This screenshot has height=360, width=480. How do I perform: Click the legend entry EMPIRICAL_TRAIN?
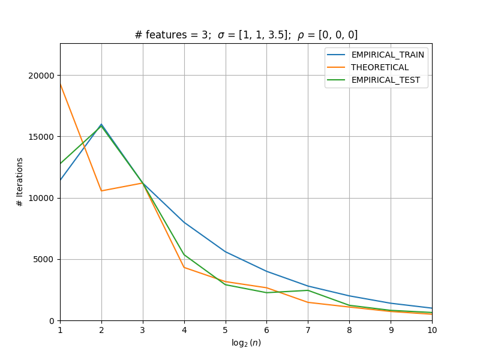click(x=388, y=55)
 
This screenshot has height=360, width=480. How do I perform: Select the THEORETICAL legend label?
click(x=380, y=67)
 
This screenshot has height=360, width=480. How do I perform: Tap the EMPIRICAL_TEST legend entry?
click(x=386, y=80)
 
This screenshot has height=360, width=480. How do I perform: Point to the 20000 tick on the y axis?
click(x=41, y=76)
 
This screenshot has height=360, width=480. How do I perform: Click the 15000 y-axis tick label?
click(x=41, y=137)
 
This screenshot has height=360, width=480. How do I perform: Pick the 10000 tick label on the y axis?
click(x=41, y=198)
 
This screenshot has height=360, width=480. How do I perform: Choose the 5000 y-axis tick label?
click(x=43, y=260)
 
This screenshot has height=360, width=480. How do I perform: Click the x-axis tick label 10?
click(x=432, y=330)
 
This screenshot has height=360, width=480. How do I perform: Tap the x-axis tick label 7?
click(x=308, y=330)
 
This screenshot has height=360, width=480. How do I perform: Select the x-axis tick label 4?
click(x=184, y=330)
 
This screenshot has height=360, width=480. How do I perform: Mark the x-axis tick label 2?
click(x=101, y=330)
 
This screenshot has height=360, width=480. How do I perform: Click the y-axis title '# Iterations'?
click(x=20, y=182)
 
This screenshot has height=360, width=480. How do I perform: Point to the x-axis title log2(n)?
click(x=246, y=343)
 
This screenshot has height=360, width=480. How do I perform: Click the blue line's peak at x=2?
click(x=101, y=124)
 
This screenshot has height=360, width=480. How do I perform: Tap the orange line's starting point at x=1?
click(x=61, y=83)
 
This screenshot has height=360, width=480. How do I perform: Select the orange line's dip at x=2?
click(x=101, y=191)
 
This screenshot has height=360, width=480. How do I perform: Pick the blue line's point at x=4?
click(x=184, y=223)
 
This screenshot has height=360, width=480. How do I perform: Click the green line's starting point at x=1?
click(x=61, y=164)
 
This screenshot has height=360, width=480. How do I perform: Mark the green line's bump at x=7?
click(x=308, y=290)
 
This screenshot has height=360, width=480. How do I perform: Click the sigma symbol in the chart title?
click(x=221, y=35)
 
